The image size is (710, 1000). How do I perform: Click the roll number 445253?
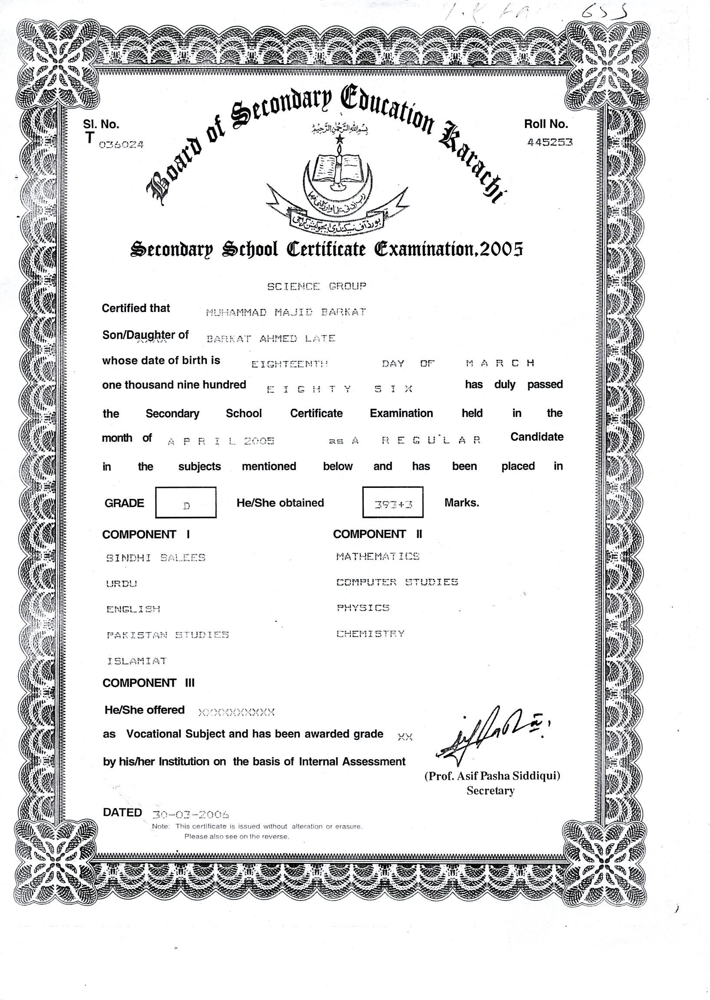pyautogui.click(x=550, y=142)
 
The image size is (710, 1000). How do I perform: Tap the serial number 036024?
pyautogui.click(x=121, y=145)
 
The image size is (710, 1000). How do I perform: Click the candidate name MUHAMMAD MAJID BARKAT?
pyautogui.click(x=286, y=312)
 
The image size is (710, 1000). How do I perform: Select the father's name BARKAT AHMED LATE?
pyautogui.click(x=271, y=339)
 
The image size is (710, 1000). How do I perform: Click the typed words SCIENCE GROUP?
pyautogui.click(x=317, y=286)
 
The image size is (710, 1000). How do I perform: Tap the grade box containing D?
pyautogui.click(x=186, y=503)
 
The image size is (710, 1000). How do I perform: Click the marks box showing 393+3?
pyautogui.click(x=393, y=503)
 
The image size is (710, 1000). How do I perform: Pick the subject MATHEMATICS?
pyautogui.click(x=378, y=556)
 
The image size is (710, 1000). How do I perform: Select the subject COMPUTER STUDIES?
pyautogui.click(x=397, y=582)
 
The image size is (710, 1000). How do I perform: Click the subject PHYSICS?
pyautogui.click(x=363, y=608)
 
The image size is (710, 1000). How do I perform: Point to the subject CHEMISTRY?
pyautogui.click(x=370, y=634)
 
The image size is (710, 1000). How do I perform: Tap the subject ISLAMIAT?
pyautogui.click(x=137, y=661)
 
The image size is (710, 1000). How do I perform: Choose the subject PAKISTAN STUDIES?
pyautogui.click(x=168, y=635)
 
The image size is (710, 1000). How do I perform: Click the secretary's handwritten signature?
pyautogui.click(x=492, y=736)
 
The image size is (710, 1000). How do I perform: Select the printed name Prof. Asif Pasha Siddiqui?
pyautogui.click(x=492, y=776)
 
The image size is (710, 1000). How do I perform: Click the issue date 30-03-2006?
pyautogui.click(x=191, y=814)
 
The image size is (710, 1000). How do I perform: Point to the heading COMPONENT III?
pyautogui.click(x=148, y=683)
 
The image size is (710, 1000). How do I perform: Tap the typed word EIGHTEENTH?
pyautogui.click(x=289, y=364)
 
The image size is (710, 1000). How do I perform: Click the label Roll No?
pyautogui.click(x=546, y=124)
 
